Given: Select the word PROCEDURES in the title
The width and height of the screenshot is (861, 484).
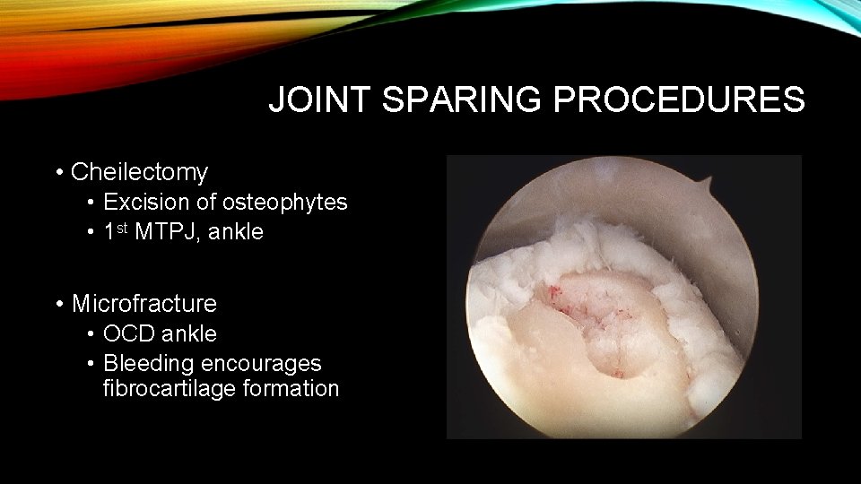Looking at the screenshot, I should (x=679, y=99).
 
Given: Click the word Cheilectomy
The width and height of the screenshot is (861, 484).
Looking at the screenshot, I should (x=139, y=171).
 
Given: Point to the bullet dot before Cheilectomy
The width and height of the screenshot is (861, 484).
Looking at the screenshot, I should (x=58, y=172).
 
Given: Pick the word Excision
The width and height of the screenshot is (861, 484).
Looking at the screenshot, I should (x=141, y=203).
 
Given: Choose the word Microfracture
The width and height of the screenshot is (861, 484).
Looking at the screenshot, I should (x=143, y=303).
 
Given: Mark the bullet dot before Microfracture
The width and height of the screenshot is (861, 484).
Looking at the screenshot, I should (x=58, y=304).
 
